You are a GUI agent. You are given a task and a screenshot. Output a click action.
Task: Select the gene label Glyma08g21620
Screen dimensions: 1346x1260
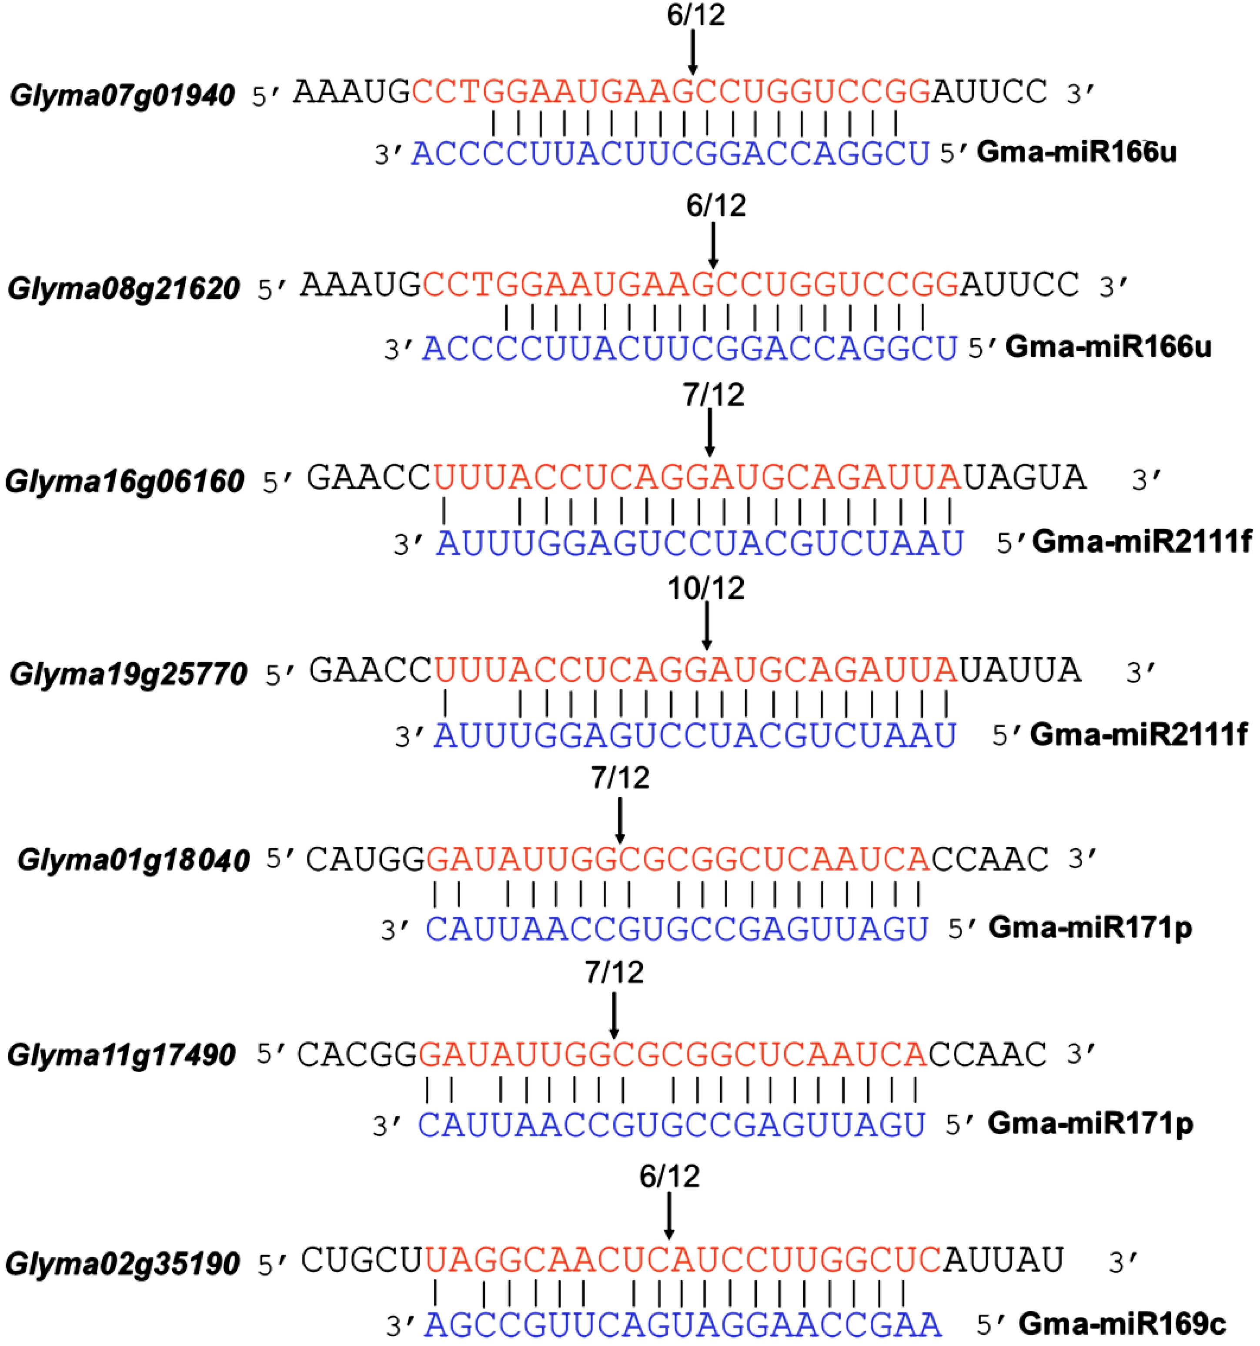124,289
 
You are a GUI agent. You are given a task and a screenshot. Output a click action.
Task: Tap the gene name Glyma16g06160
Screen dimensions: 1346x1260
124,481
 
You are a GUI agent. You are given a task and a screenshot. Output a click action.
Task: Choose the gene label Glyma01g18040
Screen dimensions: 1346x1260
134,860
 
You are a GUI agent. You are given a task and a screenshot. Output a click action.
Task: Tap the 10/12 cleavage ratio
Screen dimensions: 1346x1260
706,588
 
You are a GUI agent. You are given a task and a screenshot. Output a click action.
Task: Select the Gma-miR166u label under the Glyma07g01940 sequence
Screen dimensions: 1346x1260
1076,152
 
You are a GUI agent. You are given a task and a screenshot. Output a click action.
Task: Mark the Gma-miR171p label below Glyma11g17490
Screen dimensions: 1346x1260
1090,1123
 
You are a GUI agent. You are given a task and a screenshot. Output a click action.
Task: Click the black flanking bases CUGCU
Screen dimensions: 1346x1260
361,1260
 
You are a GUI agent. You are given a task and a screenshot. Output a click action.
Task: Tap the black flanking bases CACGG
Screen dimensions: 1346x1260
357,1054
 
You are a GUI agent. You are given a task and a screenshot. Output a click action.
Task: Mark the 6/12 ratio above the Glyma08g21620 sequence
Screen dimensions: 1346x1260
715,205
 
